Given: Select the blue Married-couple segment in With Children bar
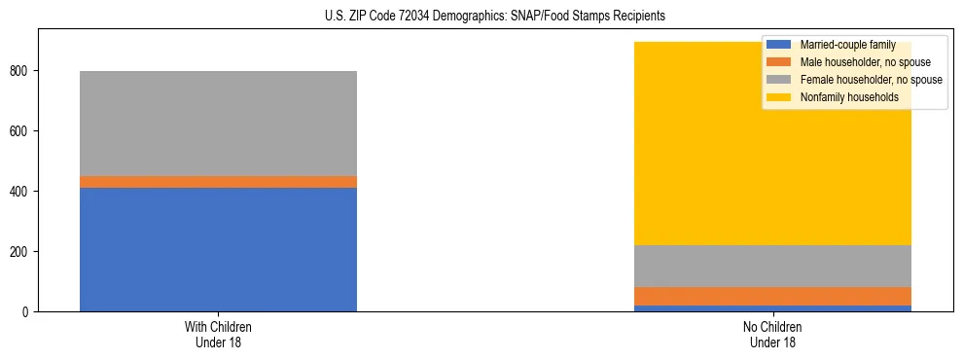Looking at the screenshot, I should coord(218,249).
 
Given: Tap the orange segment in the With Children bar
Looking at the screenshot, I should coord(218,182).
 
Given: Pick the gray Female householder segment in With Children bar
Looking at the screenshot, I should coord(218,124).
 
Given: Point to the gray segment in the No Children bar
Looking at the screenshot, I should coord(772,266).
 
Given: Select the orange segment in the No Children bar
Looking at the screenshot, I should coord(772,296).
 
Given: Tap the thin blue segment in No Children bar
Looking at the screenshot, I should coord(772,308).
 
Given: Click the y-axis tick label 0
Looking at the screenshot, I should coord(28,312).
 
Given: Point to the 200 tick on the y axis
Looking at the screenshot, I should coord(21,252).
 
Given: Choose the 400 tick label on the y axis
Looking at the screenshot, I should coord(21,192).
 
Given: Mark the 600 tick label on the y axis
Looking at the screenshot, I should coord(21,131).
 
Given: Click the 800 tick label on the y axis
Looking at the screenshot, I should coord(21,71).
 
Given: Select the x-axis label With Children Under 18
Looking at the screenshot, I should coord(218,334).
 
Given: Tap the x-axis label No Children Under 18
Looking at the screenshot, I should coord(772,334).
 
